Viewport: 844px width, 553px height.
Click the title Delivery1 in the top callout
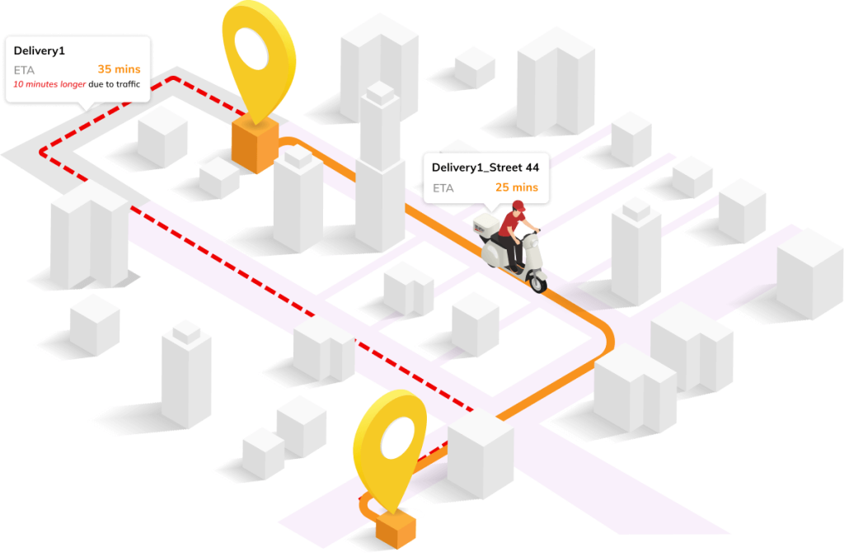pos(39,51)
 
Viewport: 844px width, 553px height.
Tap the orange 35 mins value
pos(119,69)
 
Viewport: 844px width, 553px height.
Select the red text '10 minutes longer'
pos(49,84)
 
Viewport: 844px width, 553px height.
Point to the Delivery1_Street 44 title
pos(485,168)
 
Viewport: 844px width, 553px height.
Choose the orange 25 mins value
pos(516,187)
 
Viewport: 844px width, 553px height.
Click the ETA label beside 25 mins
pos(443,188)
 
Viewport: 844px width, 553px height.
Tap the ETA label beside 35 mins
pos(24,69)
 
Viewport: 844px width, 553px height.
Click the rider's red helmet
pos(518,206)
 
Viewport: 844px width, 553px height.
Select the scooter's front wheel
pos(537,281)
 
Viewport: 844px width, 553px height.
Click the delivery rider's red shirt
pos(513,224)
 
